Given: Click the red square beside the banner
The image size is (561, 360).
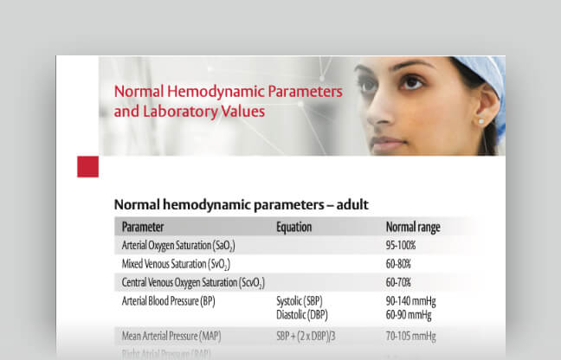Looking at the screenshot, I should [87, 166].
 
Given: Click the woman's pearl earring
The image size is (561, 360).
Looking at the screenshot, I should [480, 122].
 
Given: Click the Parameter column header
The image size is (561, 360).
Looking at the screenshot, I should [143, 228].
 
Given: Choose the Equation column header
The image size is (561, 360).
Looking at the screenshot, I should [293, 228].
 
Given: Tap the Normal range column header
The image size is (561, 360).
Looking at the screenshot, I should [413, 228].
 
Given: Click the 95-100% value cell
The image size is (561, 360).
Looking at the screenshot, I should [400, 246].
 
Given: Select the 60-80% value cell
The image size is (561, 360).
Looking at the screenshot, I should [398, 264].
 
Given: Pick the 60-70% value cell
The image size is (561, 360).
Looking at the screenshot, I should [398, 283].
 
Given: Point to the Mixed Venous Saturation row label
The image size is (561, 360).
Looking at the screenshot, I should [176, 264].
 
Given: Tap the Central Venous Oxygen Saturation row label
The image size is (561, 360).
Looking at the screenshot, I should [193, 283].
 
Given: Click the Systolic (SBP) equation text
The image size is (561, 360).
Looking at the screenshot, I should [300, 301].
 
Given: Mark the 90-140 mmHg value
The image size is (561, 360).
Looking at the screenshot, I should [410, 301].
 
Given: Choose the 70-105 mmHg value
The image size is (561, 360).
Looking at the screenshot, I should [410, 336].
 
